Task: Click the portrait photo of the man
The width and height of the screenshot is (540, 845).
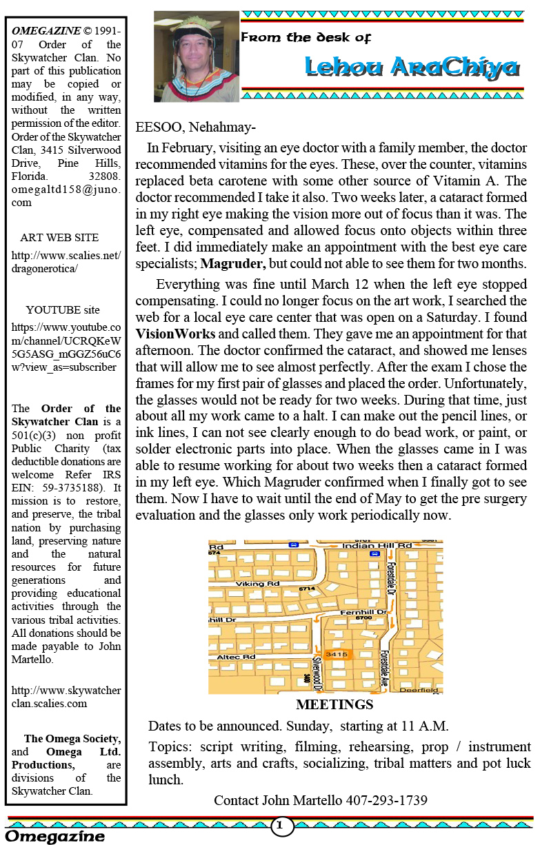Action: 196,57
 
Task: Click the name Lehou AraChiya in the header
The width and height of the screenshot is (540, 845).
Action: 412,67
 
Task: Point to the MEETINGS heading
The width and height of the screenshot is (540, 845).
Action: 334,705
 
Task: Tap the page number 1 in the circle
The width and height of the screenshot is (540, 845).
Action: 281,825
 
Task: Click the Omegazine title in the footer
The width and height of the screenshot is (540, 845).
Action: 55,837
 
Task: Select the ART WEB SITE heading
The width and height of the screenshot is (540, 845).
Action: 59,238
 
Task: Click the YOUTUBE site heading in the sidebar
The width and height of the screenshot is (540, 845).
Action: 63,310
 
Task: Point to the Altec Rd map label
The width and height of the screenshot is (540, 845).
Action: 237,658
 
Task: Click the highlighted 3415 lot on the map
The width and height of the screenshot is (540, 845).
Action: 337,654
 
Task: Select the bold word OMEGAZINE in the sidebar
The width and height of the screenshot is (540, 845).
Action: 43,31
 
